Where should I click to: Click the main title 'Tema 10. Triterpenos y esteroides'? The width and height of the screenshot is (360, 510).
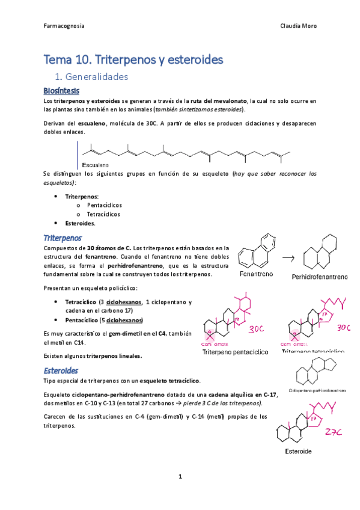pyautogui.click(x=133, y=60)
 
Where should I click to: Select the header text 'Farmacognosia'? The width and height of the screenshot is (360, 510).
pyautogui.click(x=64, y=26)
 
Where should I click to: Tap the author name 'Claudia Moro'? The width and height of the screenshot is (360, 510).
pyautogui.click(x=299, y=26)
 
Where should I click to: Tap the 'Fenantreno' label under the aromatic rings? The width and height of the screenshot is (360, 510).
pyautogui.click(x=256, y=274)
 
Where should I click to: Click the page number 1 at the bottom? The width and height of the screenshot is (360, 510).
pyautogui.click(x=180, y=476)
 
